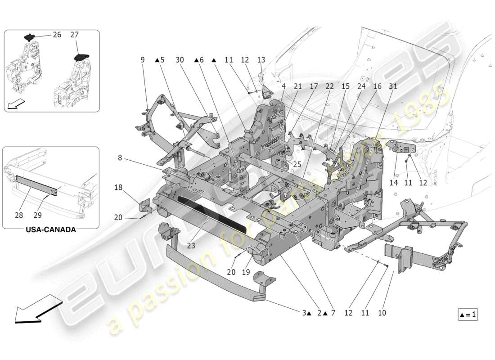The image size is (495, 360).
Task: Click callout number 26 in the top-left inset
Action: pyautogui.click(x=57, y=35)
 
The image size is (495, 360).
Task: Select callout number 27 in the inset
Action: pyautogui.click(x=75, y=35)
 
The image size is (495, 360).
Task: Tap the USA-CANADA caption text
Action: pyautogui.click(x=50, y=229)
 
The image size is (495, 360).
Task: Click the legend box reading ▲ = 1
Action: pyautogui.click(x=468, y=315)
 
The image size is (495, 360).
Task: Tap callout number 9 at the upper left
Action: pyautogui.click(x=142, y=59)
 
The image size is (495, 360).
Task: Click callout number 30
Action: pyautogui.click(x=180, y=59)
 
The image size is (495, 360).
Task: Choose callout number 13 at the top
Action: pyautogui.click(x=261, y=59)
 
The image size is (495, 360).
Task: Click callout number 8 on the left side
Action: pyautogui.click(x=120, y=157)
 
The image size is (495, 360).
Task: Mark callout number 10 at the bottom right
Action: pyautogui.click(x=382, y=312)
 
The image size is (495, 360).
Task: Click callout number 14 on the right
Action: pyautogui.click(x=394, y=183)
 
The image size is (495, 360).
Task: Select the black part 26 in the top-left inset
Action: pyautogui.click(x=29, y=37)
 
